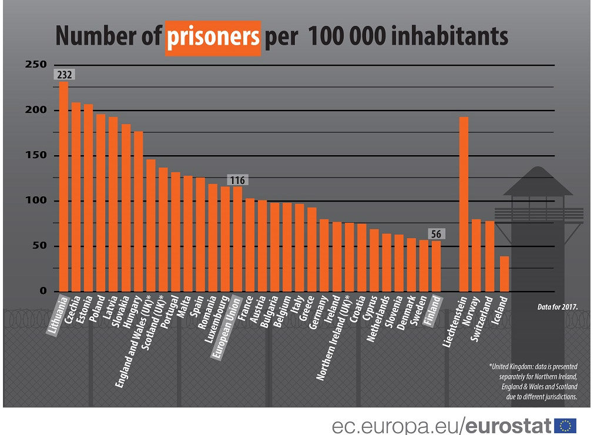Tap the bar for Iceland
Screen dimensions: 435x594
click(x=504, y=273)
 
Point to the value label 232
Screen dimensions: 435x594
click(x=64, y=75)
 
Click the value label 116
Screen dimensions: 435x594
click(x=237, y=180)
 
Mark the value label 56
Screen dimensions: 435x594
click(x=436, y=234)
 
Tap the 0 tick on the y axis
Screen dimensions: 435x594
click(x=43, y=291)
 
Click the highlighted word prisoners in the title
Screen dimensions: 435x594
click(x=213, y=36)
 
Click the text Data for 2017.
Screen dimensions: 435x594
click(x=558, y=306)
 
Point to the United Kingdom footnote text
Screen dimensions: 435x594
click(x=533, y=381)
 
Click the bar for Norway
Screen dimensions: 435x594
click(x=476, y=255)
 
